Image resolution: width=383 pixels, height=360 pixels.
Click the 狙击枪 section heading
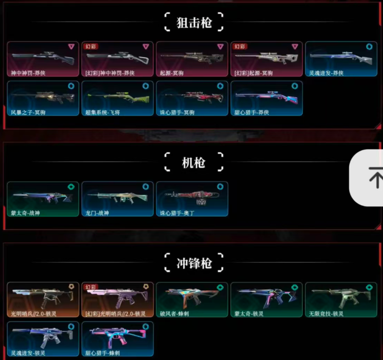click(x=194, y=23)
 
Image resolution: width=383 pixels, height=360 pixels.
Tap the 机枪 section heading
click(x=194, y=163)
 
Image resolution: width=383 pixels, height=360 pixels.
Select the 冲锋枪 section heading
click(x=194, y=263)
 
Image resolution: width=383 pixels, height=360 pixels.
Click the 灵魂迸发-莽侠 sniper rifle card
click(x=341, y=58)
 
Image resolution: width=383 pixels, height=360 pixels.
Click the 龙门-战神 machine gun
click(x=117, y=199)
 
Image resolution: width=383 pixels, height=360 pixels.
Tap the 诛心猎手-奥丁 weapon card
click(x=192, y=199)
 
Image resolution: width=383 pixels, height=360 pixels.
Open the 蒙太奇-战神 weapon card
click(x=42, y=199)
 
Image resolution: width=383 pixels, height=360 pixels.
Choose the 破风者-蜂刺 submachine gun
click(x=192, y=299)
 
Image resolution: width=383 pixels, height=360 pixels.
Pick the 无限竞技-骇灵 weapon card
click(x=341, y=299)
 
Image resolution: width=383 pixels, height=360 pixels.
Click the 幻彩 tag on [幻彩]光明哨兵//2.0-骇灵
click(x=91, y=287)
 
